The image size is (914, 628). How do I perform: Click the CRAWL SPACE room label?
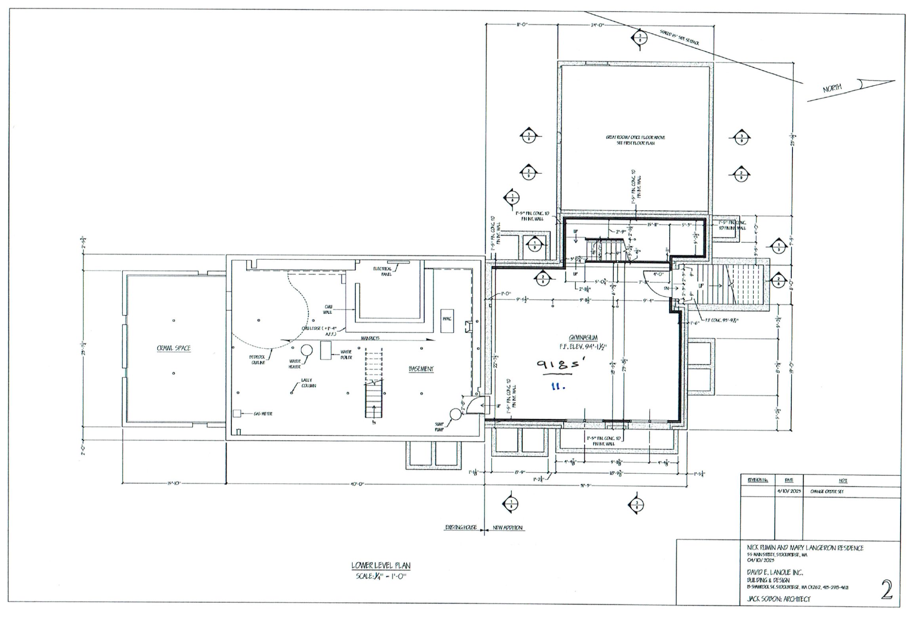(x=173, y=348)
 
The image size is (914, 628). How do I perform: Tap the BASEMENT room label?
(x=421, y=369)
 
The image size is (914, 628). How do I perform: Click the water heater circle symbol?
(x=307, y=350)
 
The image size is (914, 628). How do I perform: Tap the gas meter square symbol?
(x=237, y=413)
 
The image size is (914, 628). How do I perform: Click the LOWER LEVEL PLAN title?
(x=381, y=566)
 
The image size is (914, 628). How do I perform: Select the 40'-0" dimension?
(x=357, y=484)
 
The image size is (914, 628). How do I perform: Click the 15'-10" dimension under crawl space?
(x=174, y=484)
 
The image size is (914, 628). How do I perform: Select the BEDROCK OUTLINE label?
(x=257, y=359)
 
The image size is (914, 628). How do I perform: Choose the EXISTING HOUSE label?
(x=460, y=528)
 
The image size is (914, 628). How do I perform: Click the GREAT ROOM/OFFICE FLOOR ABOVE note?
(x=635, y=140)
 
